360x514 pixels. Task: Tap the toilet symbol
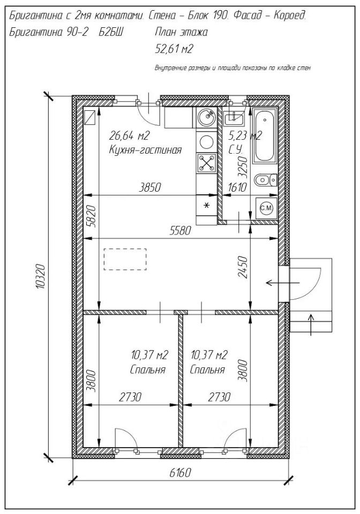click(x=266, y=180)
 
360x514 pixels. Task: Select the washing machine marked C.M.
click(x=266, y=208)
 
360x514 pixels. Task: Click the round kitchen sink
click(x=207, y=116)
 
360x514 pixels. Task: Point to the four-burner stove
click(x=207, y=163)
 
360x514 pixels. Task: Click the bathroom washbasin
click(x=234, y=118)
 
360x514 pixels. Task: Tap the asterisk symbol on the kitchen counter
click(x=207, y=206)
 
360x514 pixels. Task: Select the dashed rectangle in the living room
click(x=125, y=259)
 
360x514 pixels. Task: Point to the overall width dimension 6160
click(x=180, y=473)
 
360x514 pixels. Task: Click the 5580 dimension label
click(x=180, y=231)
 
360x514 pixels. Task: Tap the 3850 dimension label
click(x=150, y=187)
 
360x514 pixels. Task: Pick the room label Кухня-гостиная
click(x=145, y=150)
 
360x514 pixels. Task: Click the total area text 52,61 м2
click(x=174, y=49)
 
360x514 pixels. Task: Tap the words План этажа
click(x=181, y=33)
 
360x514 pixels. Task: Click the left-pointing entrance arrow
click(x=283, y=282)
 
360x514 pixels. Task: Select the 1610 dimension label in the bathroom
click(x=237, y=187)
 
